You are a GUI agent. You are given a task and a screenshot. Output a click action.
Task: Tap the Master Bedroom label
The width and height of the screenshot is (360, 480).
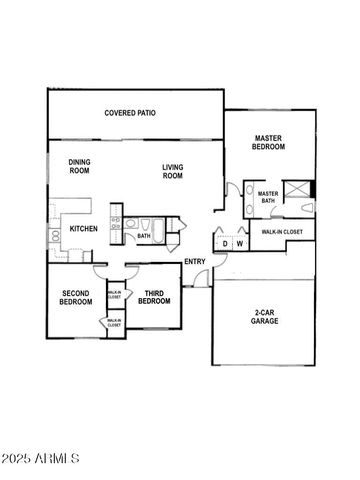[x=269, y=142]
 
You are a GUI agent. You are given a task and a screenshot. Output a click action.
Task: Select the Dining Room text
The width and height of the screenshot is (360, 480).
[x=80, y=166]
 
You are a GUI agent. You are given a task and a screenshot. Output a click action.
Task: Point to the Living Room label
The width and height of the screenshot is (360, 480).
[x=173, y=171]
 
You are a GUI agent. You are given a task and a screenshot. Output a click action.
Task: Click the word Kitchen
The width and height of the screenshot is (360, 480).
[x=83, y=229]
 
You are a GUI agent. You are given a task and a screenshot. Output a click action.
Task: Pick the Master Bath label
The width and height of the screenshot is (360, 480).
[x=268, y=198]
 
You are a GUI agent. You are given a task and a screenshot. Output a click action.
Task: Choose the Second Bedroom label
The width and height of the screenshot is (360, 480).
[x=76, y=297]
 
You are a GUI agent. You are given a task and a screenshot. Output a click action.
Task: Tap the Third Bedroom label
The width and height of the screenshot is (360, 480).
[x=154, y=297]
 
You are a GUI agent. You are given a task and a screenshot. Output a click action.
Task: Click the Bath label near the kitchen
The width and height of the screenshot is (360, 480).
[x=143, y=237]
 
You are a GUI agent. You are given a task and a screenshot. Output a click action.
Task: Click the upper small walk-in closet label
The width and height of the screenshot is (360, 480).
[x=114, y=295]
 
